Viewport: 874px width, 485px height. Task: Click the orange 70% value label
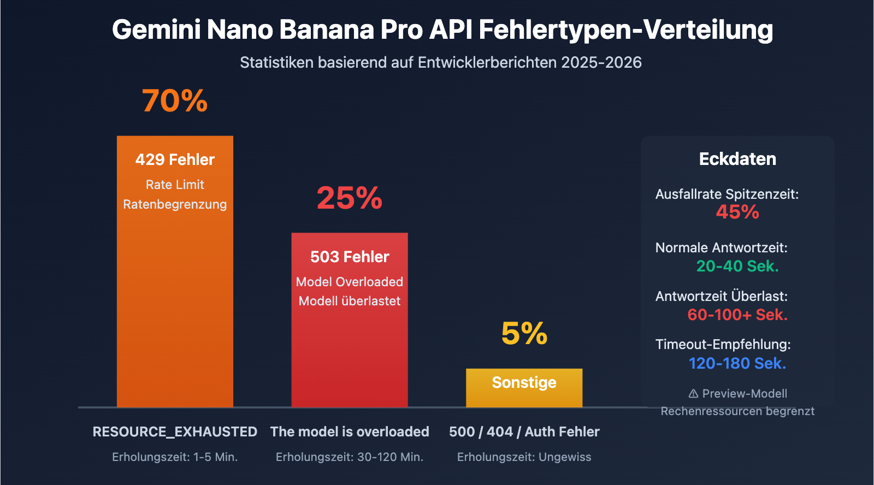point(175,101)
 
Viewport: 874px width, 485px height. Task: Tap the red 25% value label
point(350,198)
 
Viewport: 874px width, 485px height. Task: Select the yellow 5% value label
point(524,333)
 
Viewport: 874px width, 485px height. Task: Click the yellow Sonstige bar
point(524,388)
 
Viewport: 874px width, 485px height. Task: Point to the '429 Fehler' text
point(175,159)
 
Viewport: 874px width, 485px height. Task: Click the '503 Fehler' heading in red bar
point(350,257)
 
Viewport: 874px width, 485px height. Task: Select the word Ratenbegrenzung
point(175,204)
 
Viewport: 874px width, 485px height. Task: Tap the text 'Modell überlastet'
point(350,301)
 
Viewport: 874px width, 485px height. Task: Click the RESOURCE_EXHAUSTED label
point(175,431)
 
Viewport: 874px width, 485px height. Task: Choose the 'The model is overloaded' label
point(350,431)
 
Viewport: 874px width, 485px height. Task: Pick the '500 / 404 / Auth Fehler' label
point(524,431)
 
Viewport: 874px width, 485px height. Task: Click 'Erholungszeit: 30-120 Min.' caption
point(350,457)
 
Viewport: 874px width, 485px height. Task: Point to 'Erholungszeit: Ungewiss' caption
point(524,457)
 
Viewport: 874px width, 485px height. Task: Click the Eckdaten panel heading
point(737,159)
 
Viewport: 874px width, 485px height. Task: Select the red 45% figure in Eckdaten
point(737,212)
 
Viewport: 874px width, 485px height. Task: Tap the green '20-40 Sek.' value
point(737,266)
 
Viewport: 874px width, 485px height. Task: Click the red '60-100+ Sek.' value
point(737,315)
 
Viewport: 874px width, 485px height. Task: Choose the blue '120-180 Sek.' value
point(737,363)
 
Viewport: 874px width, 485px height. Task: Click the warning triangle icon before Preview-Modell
point(693,393)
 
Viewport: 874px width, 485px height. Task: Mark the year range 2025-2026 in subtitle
point(601,63)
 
